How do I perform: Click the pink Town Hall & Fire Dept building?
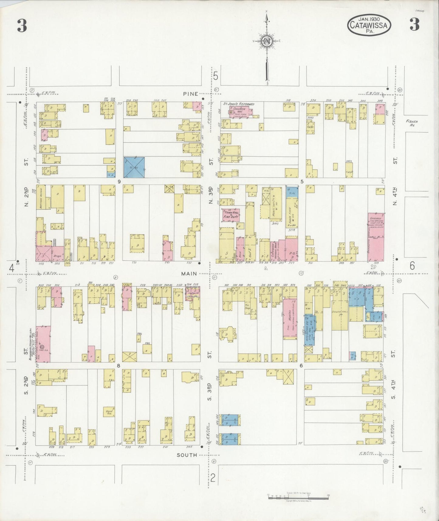[231, 215]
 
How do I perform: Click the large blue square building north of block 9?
[134, 167]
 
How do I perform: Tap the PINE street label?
[190, 94]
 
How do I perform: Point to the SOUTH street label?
[189, 455]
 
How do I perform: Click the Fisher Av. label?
[412, 123]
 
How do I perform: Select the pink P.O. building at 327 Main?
[291, 250]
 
